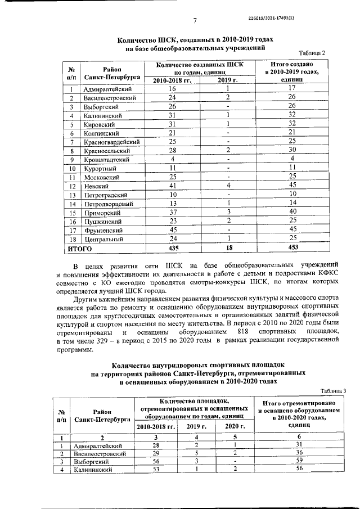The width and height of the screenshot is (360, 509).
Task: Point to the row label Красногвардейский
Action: (111, 142)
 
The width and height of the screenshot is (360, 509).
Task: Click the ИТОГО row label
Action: (79, 247)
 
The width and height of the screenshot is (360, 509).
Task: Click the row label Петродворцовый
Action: (109, 204)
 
